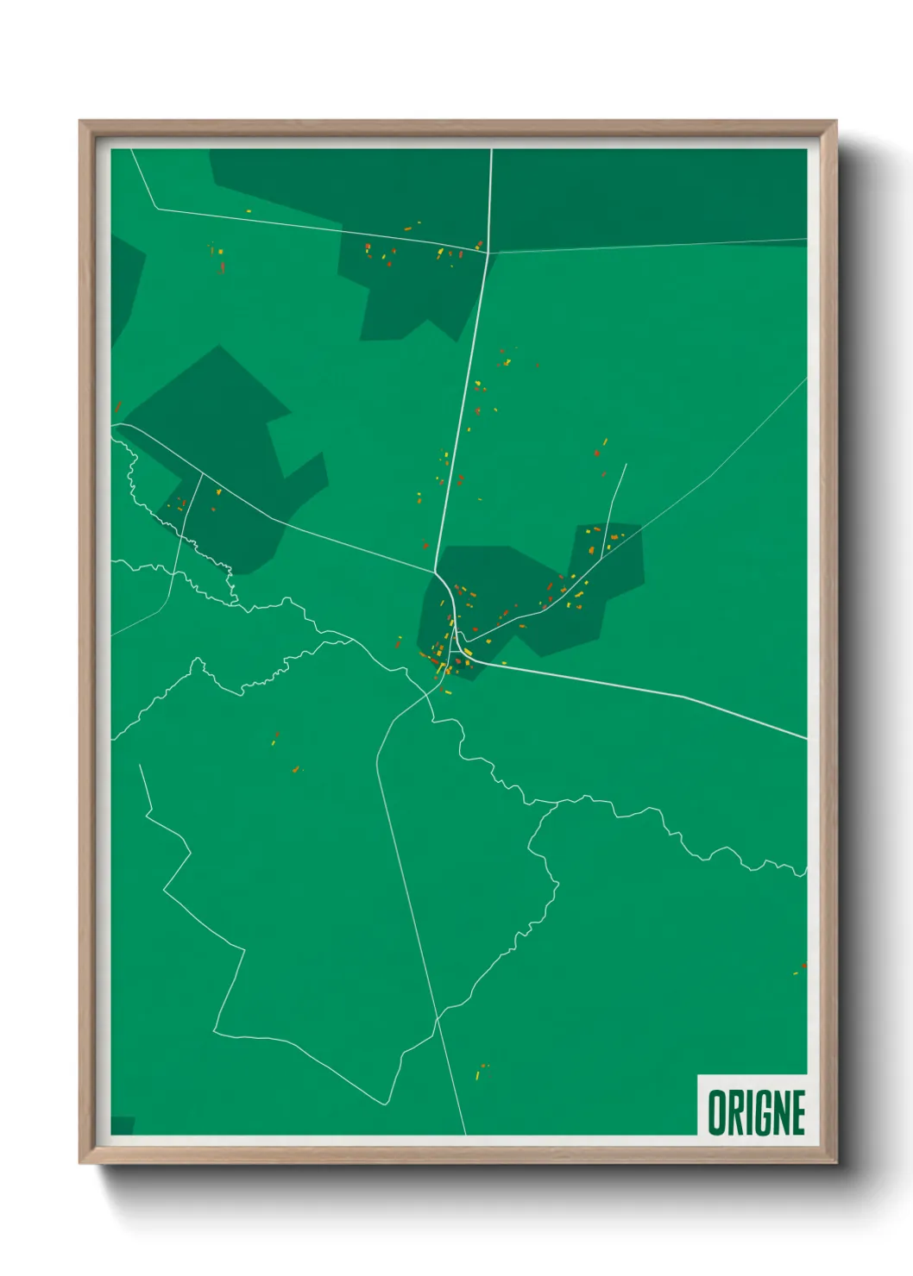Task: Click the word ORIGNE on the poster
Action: [756, 1112]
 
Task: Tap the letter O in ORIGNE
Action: [716, 1112]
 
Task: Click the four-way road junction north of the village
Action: [488, 253]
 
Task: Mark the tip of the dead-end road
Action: [626, 465]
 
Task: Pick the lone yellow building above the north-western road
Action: [249, 211]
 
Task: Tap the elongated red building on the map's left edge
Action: [117, 408]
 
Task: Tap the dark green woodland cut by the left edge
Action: [125, 276]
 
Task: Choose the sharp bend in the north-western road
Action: [156, 208]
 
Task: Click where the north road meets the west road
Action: [435, 571]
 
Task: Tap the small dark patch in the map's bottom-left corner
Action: [123, 1125]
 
